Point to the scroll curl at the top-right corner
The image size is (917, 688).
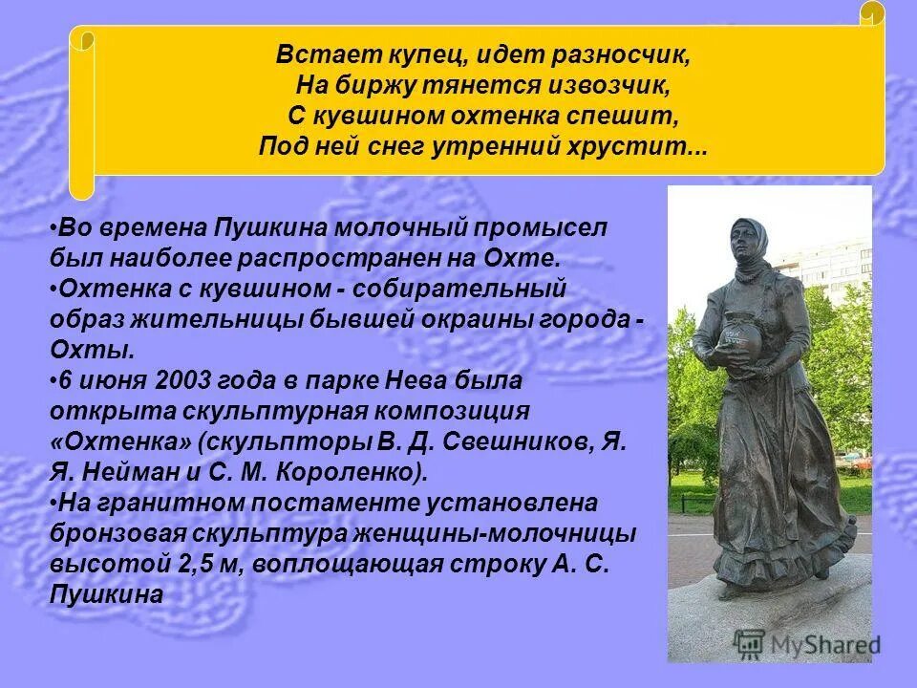tap(872, 13)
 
